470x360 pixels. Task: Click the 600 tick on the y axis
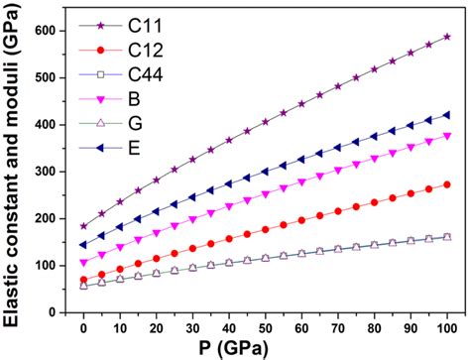click(x=54, y=31)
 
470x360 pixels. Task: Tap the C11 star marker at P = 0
click(x=83, y=226)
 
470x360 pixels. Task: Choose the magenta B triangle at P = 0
click(x=83, y=263)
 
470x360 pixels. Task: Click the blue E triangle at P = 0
click(x=83, y=245)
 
